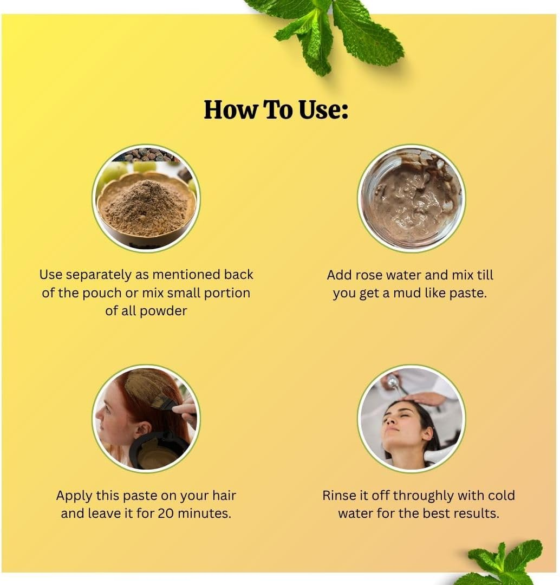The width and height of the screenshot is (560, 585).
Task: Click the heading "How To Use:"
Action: tap(276, 110)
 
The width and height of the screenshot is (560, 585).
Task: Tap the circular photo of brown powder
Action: tap(146, 198)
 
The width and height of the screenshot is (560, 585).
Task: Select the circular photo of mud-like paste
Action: tap(411, 198)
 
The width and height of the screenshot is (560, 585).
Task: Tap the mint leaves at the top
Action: tap(330, 32)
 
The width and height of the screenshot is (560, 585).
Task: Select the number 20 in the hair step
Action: tap(166, 513)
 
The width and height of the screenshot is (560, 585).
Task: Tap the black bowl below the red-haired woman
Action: tap(157, 451)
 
